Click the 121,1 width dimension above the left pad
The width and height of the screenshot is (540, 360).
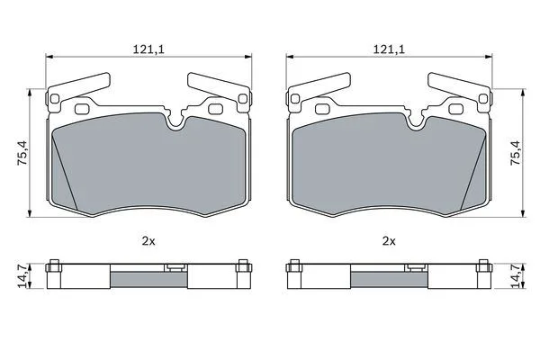[148, 49]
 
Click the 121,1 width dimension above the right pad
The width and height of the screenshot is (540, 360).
[389, 49]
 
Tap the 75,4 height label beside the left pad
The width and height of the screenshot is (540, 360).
[22, 153]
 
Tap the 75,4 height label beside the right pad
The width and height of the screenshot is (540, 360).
[515, 153]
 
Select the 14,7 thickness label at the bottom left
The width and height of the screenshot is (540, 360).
[22, 275]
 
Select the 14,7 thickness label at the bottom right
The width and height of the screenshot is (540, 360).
[515, 275]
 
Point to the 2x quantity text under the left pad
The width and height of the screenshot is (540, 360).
[148, 241]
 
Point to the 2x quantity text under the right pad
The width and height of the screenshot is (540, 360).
[389, 241]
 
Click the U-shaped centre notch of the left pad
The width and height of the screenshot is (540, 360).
[176, 123]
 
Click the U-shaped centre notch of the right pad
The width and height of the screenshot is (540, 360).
[417, 123]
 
